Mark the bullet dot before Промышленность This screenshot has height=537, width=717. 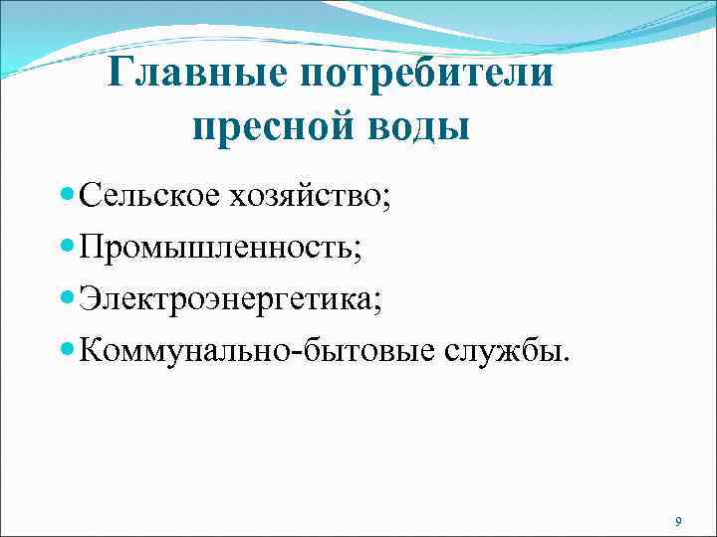67,243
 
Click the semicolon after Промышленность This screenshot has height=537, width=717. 358,247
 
